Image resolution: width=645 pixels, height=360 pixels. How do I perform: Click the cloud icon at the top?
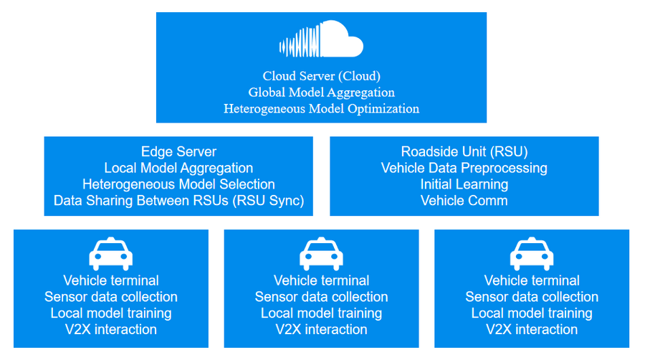click(321, 41)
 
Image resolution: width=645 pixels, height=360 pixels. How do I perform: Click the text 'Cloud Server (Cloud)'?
click(321, 75)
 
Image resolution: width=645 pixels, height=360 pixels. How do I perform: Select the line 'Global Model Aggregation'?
click(321, 93)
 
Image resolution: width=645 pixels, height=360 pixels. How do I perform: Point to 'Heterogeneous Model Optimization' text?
click(321, 109)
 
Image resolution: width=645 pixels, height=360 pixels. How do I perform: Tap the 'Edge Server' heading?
click(178, 152)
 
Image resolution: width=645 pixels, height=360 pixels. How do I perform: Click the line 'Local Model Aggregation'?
click(178, 168)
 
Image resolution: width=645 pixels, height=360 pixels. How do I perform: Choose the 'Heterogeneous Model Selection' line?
click(178, 184)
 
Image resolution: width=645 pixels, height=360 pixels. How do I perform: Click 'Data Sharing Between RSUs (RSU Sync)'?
click(178, 201)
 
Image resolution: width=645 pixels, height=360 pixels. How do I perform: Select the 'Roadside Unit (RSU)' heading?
click(464, 152)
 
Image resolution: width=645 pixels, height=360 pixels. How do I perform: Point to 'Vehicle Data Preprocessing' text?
click(464, 168)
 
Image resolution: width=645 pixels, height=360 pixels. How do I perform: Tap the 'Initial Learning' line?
click(464, 184)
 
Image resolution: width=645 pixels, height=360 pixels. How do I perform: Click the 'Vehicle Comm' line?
click(464, 201)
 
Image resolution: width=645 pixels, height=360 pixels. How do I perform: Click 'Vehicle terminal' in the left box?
click(110, 280)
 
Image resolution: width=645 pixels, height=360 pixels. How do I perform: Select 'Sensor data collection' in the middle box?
click(321, 297)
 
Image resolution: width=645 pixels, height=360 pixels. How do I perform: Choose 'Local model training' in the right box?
click(532, 313)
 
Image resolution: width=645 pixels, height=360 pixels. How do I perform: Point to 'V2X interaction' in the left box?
click(110, 330)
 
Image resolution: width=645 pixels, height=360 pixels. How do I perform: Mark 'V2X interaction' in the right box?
click(532, 330)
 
